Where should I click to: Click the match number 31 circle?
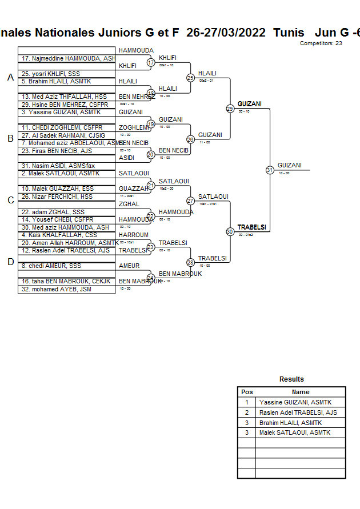tap(270, 170)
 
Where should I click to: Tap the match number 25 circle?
tap(190, 77)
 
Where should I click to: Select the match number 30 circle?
tap(230, 231)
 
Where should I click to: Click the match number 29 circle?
tap(230, 109)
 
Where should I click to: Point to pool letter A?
tap(10, 78)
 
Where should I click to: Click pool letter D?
tap(10, 262)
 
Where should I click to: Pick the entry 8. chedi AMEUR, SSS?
tap(51, 266)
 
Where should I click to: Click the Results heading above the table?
tap(291, 379)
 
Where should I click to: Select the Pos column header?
tap(247, 392)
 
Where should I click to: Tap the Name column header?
tap(301, 392)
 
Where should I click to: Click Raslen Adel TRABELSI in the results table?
tap(298, 412)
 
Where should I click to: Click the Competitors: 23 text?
tap(321, 43)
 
